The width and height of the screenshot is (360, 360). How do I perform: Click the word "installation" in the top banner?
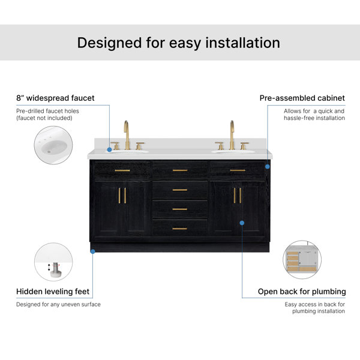coord(242,43)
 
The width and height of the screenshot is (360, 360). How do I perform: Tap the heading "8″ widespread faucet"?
coord(55,98)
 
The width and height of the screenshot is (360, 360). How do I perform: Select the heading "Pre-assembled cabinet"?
coord(302,98)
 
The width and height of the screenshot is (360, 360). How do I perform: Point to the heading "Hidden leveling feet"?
coord(53,292)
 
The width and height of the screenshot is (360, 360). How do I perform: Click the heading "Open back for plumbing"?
coord(302,292)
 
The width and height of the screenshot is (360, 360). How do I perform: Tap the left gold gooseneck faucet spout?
coord(127,135)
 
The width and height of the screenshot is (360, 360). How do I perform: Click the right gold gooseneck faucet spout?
coord(232,135)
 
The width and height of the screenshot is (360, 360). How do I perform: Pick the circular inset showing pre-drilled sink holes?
coord(53,145)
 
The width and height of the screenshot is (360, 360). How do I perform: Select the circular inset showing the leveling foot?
coord(53,262)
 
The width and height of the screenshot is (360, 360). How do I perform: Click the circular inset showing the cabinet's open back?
coord(302,260)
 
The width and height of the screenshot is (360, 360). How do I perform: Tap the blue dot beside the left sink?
coord(110,149)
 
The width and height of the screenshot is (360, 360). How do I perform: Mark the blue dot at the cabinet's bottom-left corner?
coord(93,251)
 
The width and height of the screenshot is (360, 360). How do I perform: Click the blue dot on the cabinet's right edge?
coord(268,167)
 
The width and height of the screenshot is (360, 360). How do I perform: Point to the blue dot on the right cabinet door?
coord(242,223)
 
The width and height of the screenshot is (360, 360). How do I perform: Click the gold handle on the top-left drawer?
coord(122,170)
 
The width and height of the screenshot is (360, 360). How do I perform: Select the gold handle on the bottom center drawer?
coord(180,229)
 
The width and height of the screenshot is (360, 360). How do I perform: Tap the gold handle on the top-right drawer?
coord(238,170)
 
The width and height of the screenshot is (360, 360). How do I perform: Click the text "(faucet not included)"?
coord(44,118)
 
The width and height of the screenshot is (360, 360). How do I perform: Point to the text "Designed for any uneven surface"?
coord(58,304)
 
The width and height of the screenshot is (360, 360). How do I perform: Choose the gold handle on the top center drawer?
coord(180,170)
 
